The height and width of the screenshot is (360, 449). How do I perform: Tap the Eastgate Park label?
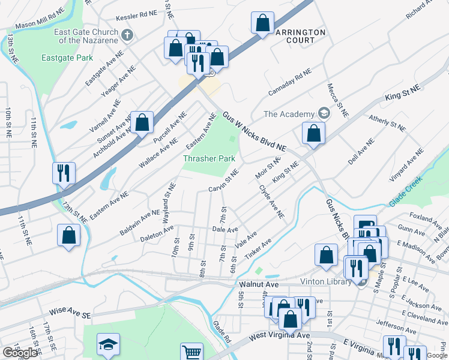[x=67, y=58]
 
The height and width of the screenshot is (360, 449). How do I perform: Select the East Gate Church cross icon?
[x=127, y=35]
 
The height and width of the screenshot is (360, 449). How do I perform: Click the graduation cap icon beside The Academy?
[x=324, y=113]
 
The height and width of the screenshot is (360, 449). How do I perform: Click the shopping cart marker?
[x=191, y=352]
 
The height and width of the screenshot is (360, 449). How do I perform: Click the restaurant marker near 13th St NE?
[x=63, y=173]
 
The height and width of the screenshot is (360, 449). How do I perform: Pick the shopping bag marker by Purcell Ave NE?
[x=142, y=122]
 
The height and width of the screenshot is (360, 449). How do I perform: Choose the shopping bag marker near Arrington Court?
[x=263, y=24]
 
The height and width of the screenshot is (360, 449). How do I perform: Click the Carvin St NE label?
[x=223, y=182]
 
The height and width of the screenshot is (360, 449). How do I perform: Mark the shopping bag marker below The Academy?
[x=313, y=134]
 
